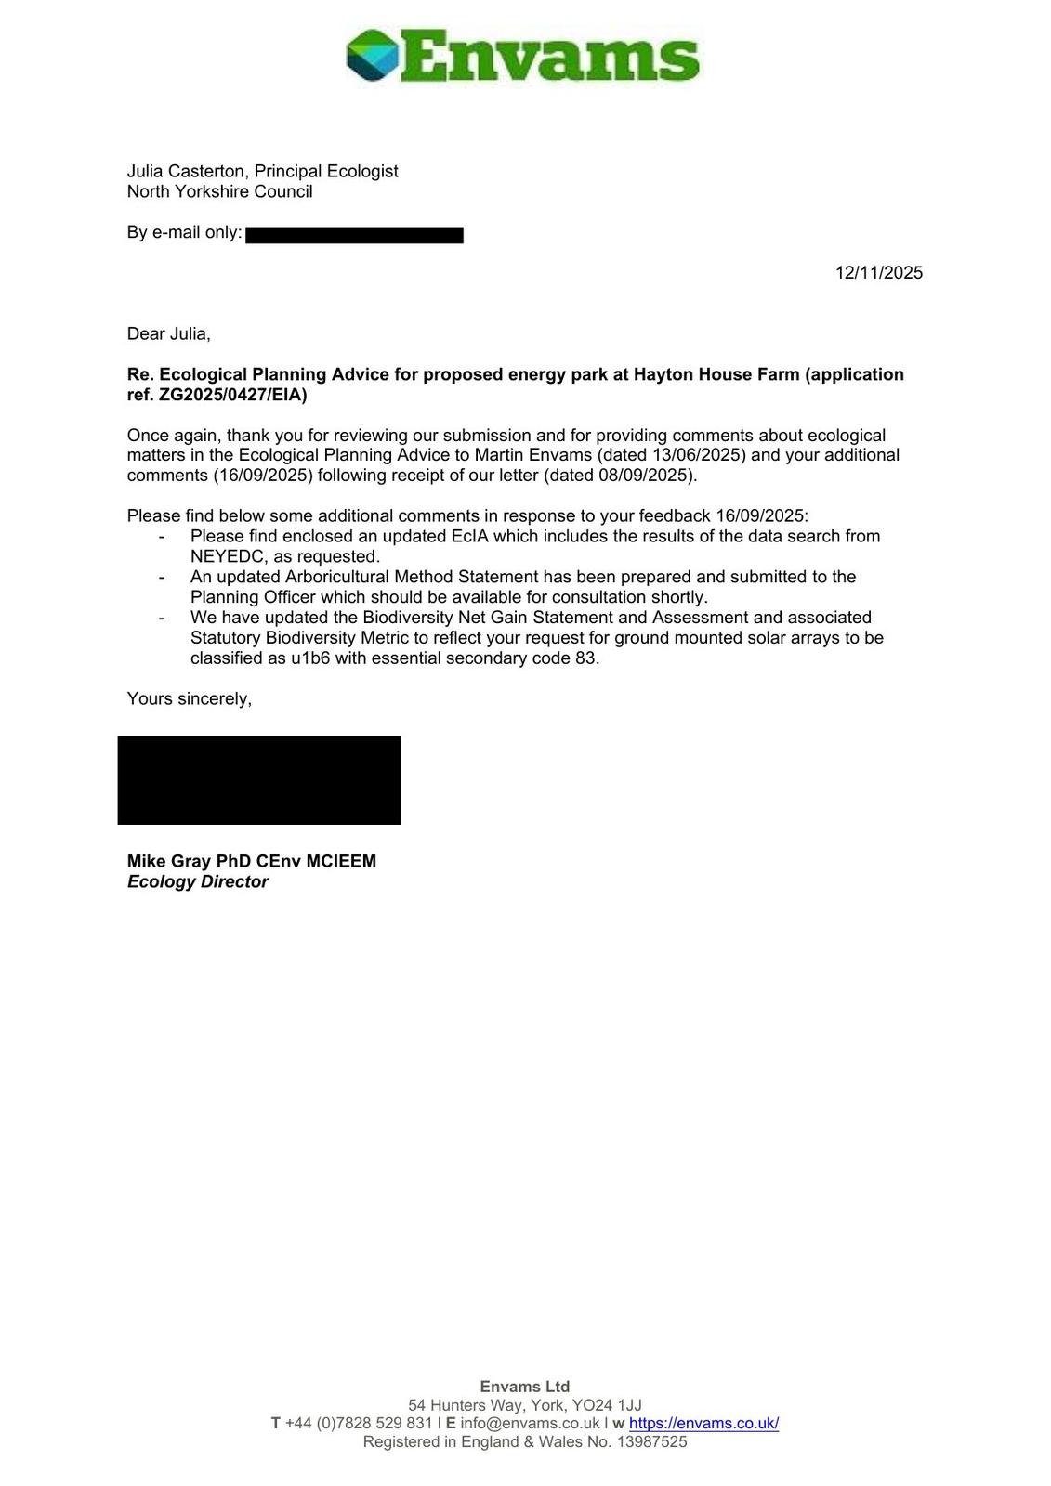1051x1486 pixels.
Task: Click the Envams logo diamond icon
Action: click(373, 55)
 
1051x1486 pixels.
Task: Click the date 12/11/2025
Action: click(878, 272)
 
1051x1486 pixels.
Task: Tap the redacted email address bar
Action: click(354, 235)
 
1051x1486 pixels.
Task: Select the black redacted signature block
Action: click(258, 779)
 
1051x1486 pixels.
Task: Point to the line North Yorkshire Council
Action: click(219, 191)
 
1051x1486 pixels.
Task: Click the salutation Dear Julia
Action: click(168, 333)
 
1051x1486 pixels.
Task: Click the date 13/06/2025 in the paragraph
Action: click(698, 455)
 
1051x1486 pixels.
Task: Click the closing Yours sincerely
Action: click(189, 698)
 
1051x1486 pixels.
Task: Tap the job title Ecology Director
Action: click(197, 881)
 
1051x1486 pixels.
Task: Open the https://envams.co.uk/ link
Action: click(703, 1423)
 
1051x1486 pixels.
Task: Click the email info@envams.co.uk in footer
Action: click(530, 1423)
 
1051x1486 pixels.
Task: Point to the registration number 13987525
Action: click(651, 1441)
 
